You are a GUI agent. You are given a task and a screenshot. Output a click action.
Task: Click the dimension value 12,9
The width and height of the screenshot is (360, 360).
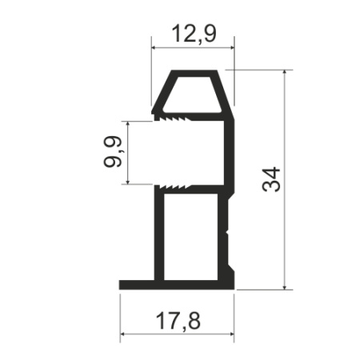point(192,34)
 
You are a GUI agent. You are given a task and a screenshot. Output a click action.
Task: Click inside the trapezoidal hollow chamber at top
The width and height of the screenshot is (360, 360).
point(193,93)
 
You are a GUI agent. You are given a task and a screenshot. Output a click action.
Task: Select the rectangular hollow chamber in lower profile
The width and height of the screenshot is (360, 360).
point(191,237)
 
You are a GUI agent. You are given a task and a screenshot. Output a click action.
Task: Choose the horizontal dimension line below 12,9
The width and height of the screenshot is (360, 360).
point(192,47)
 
